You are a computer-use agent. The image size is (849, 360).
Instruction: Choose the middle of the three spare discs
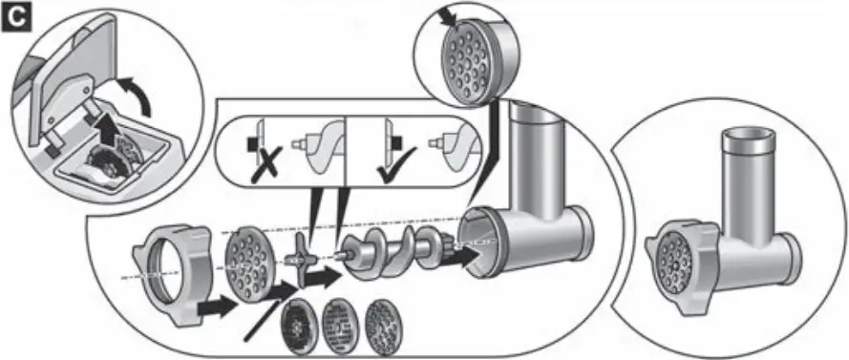[x=340, y=322]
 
